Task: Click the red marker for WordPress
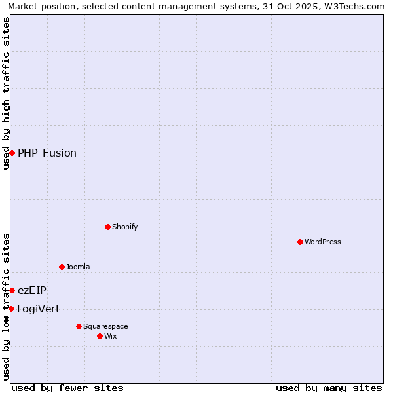(300, 242)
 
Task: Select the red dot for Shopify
(107, 227)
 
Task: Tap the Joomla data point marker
(62, 267)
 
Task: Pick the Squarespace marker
(79, 326)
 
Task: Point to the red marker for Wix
(100, 336)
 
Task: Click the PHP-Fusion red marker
(12, 153)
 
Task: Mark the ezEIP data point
(12, 290)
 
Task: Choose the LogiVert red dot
(11, 309)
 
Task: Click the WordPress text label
(323, 242)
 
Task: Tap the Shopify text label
(125, 227)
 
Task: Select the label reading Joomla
(78, 267)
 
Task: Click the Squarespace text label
(105, 326)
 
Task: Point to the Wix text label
(111, 336)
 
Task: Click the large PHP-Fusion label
(47, 153)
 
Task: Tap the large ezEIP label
(32, 290)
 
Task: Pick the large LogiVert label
(38, 309)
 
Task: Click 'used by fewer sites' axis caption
(67, 388)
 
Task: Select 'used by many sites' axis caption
(329, 388)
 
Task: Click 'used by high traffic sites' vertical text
(6, 93)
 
